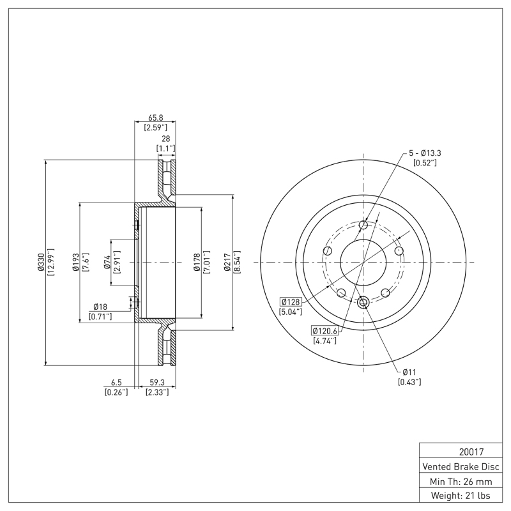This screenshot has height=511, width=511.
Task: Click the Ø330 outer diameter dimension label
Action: [40, 263]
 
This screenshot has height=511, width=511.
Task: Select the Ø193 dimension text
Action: [75, 263]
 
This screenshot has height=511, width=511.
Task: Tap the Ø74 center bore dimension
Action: [107, 263]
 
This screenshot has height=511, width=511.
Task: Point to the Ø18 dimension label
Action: [100, 307]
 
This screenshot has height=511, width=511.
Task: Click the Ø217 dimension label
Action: [227, 263]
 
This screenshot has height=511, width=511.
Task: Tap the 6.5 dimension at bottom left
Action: [116, 383]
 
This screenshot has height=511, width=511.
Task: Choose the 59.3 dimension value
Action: [156, 383]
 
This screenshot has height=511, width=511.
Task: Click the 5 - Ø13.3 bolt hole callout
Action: [425, 153]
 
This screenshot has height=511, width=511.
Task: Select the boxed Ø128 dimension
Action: [291, 301]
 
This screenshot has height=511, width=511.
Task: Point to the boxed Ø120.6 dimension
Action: [325, 330]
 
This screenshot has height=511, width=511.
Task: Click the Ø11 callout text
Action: [409, 372]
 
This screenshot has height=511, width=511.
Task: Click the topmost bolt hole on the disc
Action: [363, 225]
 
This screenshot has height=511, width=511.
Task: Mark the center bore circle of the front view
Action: [363, 263]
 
